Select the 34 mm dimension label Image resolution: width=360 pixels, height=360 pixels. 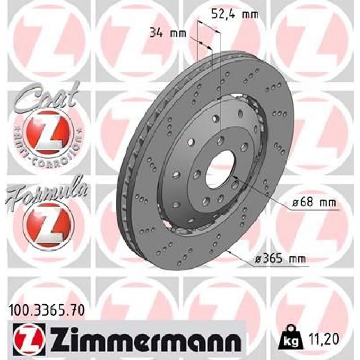[x=167, y=34]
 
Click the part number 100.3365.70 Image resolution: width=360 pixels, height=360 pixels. [x=46, y=309]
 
